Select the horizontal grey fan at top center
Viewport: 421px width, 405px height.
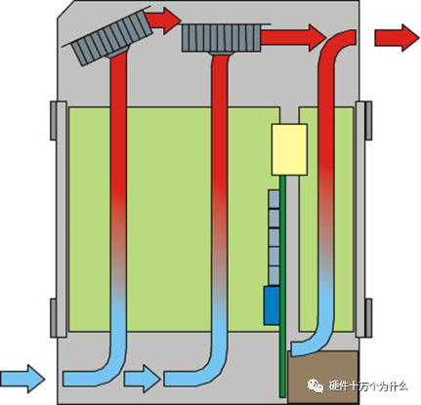coord(222,38)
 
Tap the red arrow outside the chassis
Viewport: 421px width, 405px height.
coord(397,38)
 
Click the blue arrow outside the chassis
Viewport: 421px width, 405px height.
coord(22,379)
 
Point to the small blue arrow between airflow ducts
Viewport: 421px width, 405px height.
coord(143,379)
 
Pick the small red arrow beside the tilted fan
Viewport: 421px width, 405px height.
coord(163,20)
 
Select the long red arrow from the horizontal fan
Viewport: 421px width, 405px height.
coord(293,38)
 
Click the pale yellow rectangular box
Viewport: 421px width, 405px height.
coord(289,149)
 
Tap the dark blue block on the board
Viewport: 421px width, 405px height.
coord(272,305)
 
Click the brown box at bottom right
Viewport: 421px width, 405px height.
coord(322,378)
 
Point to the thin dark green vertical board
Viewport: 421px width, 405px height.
coord(282,286)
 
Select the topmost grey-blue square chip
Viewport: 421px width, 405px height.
coord(274,199)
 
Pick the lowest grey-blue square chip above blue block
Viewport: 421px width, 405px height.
coord(274,276)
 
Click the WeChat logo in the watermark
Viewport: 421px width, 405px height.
coord(316,385)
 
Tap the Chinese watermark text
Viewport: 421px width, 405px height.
coord(368,386)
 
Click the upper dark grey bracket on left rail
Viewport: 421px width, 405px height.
coord(54,121)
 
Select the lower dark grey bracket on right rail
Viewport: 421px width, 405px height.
coord(368,318)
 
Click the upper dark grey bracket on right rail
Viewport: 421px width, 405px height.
coord(368,121)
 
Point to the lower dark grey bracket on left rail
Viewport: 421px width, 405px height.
coord(54,318)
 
